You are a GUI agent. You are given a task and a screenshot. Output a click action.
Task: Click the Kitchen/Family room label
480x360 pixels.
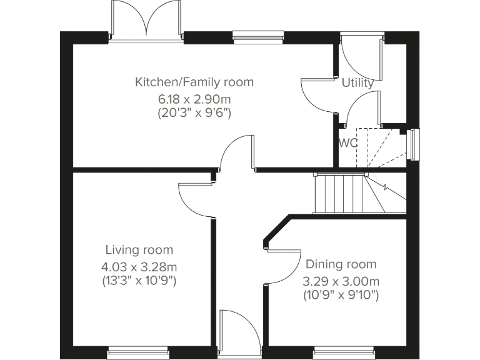point(194,82)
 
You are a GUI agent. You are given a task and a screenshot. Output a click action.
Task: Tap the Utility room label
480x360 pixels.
point(357,82)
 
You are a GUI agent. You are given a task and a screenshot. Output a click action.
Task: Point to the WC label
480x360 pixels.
point(348,142)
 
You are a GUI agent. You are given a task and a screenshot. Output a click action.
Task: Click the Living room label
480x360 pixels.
point(139,250)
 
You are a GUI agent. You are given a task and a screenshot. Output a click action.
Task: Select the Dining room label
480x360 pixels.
point(341,264)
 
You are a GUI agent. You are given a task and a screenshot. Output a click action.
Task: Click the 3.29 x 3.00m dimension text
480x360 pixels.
point(341,281)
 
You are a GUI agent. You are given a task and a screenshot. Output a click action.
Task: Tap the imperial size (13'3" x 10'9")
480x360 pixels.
point(139,281)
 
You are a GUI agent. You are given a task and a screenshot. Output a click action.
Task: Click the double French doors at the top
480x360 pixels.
point(146,22)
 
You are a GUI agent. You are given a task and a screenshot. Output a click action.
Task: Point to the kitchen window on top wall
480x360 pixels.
point(257,37)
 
